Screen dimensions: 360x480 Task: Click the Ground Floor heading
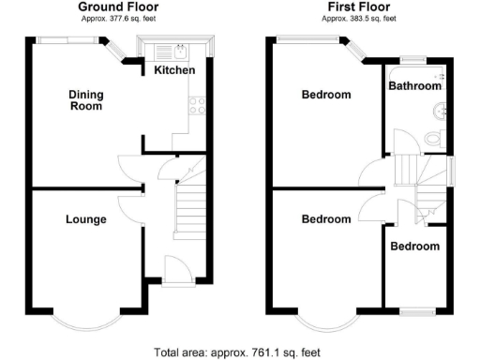coord(117,7)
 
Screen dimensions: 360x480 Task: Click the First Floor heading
coord(359,7)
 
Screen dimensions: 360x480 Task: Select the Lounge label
coord(85,219)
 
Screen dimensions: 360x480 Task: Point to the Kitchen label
coord(174,70)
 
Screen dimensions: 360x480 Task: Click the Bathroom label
coord(415,85)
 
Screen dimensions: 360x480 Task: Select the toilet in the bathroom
coord(432,139)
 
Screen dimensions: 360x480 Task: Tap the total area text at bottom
coord(237,352)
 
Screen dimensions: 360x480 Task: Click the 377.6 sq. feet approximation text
coord(117,18)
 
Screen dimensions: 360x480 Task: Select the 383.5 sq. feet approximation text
coord(359,18)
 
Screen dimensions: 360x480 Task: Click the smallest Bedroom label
coord(414,247)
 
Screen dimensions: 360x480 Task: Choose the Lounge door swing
coord(126,208)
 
